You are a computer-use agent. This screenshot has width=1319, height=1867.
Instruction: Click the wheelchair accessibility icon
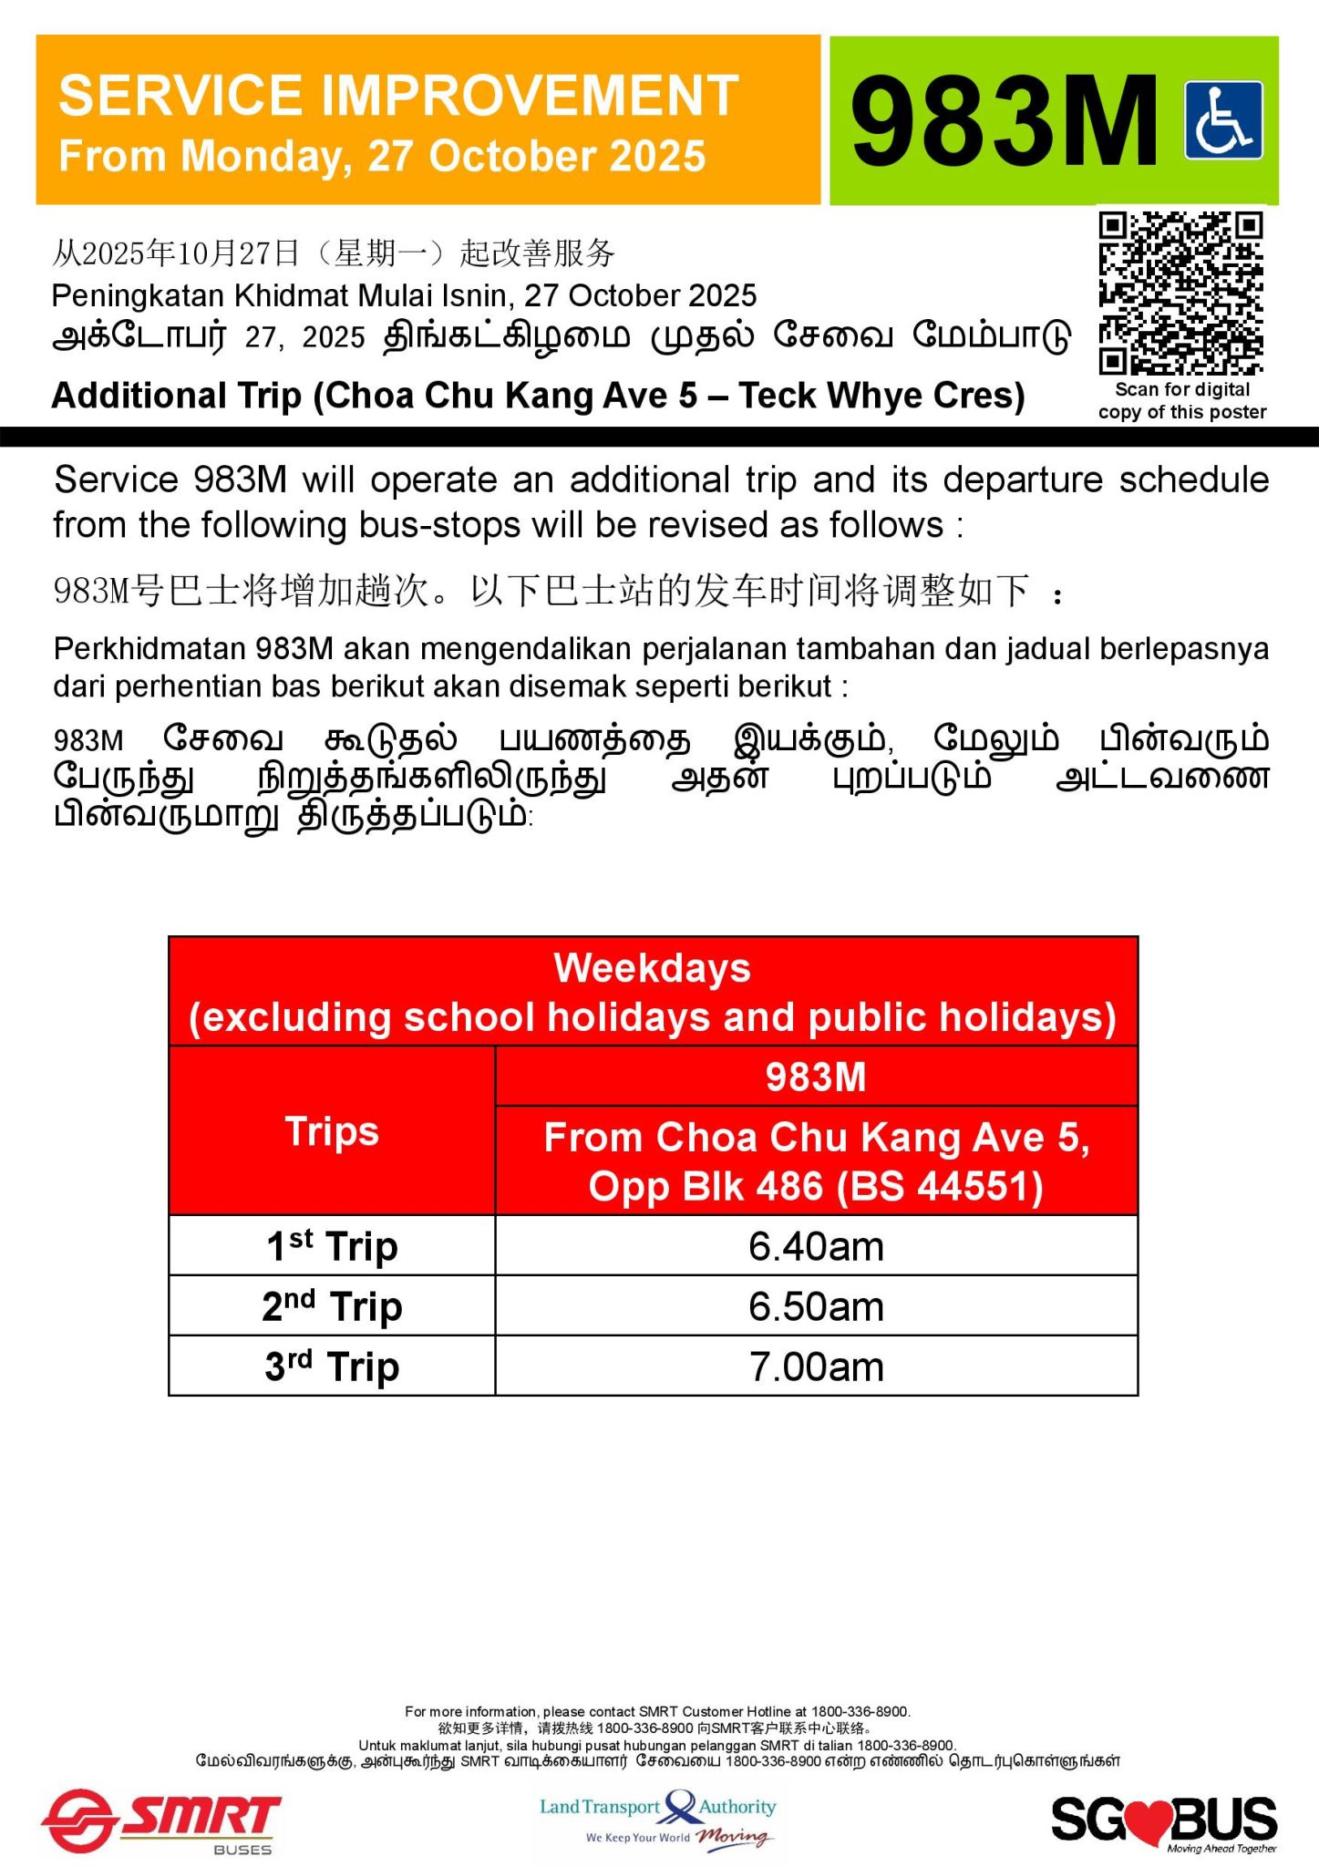[x=1223, y=120]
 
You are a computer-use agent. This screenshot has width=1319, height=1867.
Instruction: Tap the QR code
[x=1180, y=293]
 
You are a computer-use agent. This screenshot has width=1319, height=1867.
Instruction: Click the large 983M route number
[x=1004, y=121]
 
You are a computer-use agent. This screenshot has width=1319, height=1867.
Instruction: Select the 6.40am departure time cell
[x=816, y=1246]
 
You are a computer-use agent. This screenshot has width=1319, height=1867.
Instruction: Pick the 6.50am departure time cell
[x=816, y=1306]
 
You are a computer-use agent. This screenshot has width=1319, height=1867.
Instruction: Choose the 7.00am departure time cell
[x=816, y=1367]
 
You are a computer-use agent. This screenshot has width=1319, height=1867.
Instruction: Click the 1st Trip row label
[x=332, y=1246]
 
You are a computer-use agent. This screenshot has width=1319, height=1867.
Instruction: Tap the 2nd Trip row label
[x=332, y=1306]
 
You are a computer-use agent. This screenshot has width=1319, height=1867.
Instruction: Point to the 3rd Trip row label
[x=332, y=1367]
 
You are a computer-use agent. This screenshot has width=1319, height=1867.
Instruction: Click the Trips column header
[x=332, y=1131]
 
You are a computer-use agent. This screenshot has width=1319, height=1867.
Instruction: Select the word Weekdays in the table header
[x=652, y=968]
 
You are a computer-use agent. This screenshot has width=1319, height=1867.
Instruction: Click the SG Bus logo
[x=1164, y=1821]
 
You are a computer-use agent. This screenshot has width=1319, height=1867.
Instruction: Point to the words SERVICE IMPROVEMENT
[x=398, y=96]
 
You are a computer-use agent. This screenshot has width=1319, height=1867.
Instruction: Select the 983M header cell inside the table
[x=816, y=1077]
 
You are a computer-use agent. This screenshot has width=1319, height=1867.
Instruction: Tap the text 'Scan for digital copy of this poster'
[x=1182, y=401]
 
